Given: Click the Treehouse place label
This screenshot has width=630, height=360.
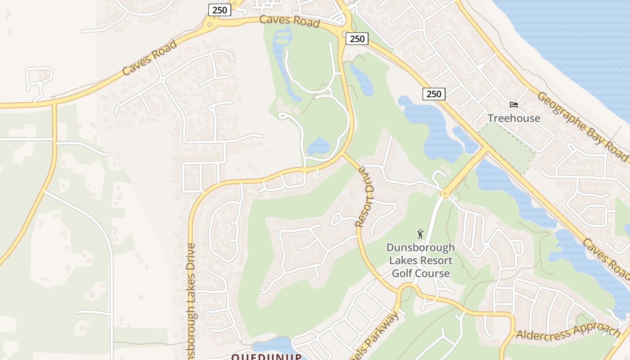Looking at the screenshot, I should coord(514,118).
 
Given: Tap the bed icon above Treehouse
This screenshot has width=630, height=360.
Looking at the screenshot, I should coord(514,105).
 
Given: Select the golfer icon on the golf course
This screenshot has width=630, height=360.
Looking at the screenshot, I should coord(420,234).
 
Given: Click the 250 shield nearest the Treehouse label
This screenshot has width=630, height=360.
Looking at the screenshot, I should coord(434,94).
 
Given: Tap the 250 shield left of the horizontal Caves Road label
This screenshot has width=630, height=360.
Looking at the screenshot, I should coord(220,9).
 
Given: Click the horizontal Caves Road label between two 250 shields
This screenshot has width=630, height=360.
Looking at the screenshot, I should coord(289,20).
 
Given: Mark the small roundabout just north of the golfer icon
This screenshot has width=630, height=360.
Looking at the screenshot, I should coord(445,194).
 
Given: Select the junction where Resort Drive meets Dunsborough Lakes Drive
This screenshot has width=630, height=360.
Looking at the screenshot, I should coord(343,154).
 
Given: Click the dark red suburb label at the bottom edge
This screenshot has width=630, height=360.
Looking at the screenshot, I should coord(266,357).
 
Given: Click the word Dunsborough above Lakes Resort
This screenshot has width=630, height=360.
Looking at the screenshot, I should coord(420,248).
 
